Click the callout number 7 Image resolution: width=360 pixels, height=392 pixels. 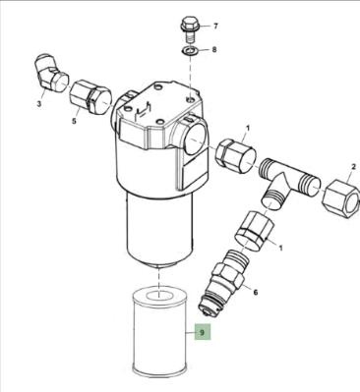215,27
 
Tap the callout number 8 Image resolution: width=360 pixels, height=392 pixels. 214,50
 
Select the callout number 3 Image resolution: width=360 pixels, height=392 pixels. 39,104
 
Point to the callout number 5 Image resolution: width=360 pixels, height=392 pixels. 74,121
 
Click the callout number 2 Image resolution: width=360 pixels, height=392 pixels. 353,167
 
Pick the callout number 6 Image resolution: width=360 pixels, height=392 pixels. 256,292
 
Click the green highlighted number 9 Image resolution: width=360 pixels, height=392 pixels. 202,333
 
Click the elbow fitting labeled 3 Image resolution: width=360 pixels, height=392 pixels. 51,74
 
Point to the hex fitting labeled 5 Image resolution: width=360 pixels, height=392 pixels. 90,97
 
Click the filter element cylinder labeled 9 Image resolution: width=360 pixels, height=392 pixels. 159,331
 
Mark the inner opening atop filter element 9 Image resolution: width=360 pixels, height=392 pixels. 159,295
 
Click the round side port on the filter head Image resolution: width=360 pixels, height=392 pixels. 196,139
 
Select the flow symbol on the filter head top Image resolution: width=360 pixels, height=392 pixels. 144,111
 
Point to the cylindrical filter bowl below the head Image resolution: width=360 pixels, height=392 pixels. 158,229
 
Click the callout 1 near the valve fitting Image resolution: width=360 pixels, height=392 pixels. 280,248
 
